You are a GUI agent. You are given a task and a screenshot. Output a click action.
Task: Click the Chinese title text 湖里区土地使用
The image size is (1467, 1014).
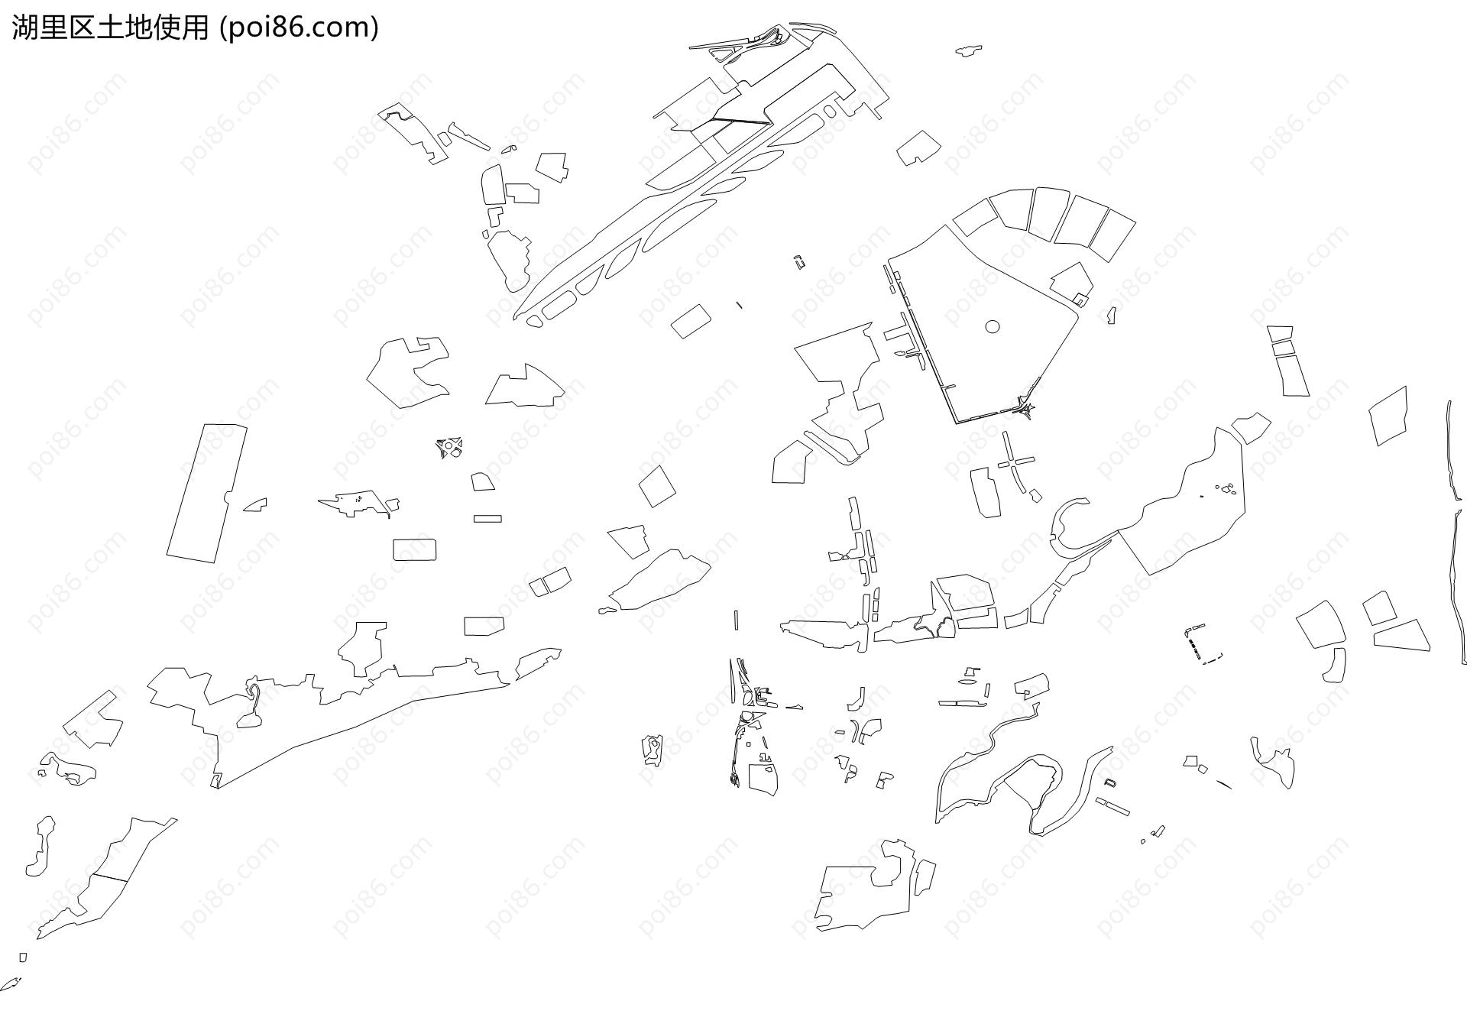pyautogui.click(x=110, y=28)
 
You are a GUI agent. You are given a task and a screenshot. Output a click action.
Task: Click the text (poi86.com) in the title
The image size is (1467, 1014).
pyautogui.click(x=299, y=28)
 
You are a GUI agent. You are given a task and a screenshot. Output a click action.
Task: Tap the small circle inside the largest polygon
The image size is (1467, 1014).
pyautogui.click(x=993, y=326)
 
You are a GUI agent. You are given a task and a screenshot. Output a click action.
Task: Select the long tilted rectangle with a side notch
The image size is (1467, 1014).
pyautogui.click(x=207, y=494)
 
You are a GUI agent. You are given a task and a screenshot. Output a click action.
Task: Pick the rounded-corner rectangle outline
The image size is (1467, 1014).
pyautogui.click(x=414, y=549)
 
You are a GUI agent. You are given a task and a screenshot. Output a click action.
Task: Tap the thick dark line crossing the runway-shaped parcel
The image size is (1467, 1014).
pyautogui.click(x=740, y=120)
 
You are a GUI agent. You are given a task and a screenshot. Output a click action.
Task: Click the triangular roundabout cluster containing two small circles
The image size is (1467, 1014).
pyautogui.click(x=450, y=447)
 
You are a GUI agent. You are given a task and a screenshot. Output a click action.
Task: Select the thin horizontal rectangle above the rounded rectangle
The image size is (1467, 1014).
pyautogui.click(x=487, y=519)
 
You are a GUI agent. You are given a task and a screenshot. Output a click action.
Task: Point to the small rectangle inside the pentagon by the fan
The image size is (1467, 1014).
pyautogui.click(x=1080, y=299)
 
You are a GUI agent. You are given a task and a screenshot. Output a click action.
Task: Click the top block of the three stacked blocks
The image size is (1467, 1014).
pyautogui.click(x=1280, y=334)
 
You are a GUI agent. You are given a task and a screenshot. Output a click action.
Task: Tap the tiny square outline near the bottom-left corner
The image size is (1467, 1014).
pyautogui.click(x=23, y=957)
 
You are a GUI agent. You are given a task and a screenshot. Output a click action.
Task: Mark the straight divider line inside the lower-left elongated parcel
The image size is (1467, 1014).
pyautogui.click(x=109, y=877)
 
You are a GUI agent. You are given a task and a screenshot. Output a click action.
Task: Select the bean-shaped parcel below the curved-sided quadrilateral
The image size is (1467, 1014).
pyautogui.click(x=1334, y=665)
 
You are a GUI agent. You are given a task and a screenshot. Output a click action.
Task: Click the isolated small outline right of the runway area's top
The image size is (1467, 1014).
pyautogui.click(x=968, y=50)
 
